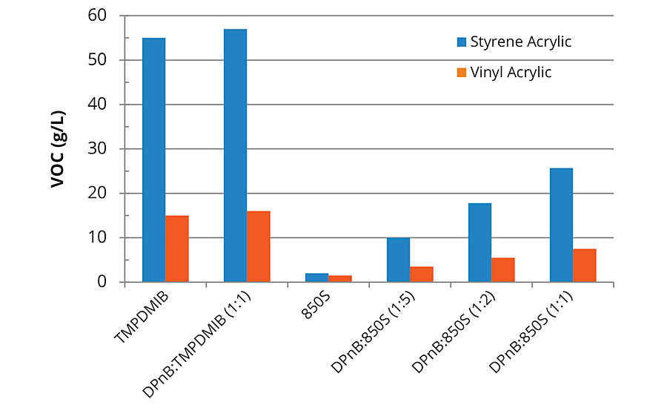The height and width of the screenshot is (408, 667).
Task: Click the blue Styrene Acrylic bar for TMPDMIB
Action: [x=153, y=159]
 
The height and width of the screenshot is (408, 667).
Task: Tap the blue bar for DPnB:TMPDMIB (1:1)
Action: [x=235, y=156]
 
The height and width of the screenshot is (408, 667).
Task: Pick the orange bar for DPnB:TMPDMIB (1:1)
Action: [x=259, y=246]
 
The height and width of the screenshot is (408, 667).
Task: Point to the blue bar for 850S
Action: [x=316, y=277]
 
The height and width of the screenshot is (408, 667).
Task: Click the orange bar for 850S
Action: [x=340, y=279]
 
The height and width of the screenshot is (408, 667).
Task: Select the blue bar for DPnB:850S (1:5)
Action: [x=398, y=260]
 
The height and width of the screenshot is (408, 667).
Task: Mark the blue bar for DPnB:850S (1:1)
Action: [x=561, y=225]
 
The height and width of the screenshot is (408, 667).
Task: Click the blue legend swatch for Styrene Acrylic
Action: [x=459, y=42]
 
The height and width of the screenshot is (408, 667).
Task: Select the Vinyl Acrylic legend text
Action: [x=511, y=72]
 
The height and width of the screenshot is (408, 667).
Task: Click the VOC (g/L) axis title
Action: [x=59, y=149]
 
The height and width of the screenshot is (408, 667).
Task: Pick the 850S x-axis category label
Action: [x=315, y=306]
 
